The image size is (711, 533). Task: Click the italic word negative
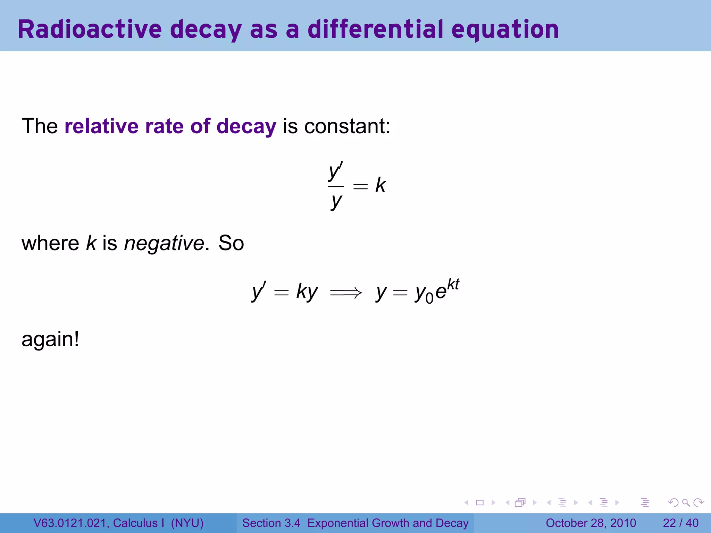(x=164, y=243)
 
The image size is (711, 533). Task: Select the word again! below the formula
(x=50, y=339)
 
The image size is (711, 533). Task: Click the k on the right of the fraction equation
(x=380, y=185)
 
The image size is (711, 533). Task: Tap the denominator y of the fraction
(x=336, y=201)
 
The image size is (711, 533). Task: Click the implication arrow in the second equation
(x=346, y=293)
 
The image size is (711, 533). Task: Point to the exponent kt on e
(x=453, y=285)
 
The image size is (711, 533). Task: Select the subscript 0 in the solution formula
(x=429, y=298)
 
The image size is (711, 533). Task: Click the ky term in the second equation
(x=307, y=291)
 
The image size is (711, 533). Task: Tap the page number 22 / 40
(x=680, y=523)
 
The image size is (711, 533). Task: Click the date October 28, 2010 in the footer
(x=591, y=523)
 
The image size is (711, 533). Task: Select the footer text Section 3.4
(x=271, y=523)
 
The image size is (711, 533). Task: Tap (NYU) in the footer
(x=187, y=523)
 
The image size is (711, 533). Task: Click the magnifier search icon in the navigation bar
(x=686, y=502)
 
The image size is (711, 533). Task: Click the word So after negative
(x=231, y=243)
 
